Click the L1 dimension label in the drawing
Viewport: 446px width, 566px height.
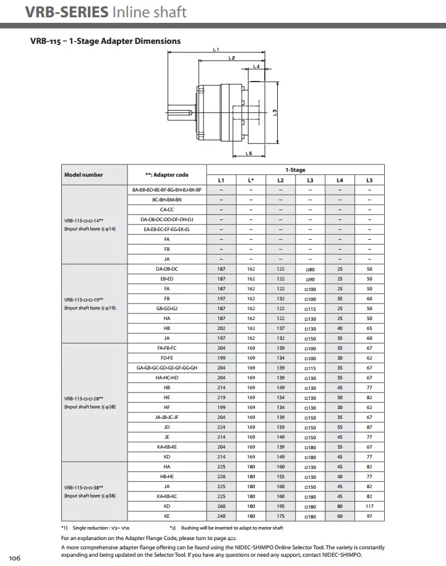216,49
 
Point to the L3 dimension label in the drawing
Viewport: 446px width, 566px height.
275,112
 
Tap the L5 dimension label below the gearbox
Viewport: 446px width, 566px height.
249,153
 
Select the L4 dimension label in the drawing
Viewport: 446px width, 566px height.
256,66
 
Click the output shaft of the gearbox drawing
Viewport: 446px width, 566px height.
179,112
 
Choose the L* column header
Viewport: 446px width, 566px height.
251,180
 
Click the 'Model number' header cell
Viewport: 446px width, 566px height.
84,175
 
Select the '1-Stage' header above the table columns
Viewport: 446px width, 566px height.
295,170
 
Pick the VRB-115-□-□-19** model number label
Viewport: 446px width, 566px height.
84,300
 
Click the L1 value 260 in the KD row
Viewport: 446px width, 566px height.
221,506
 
